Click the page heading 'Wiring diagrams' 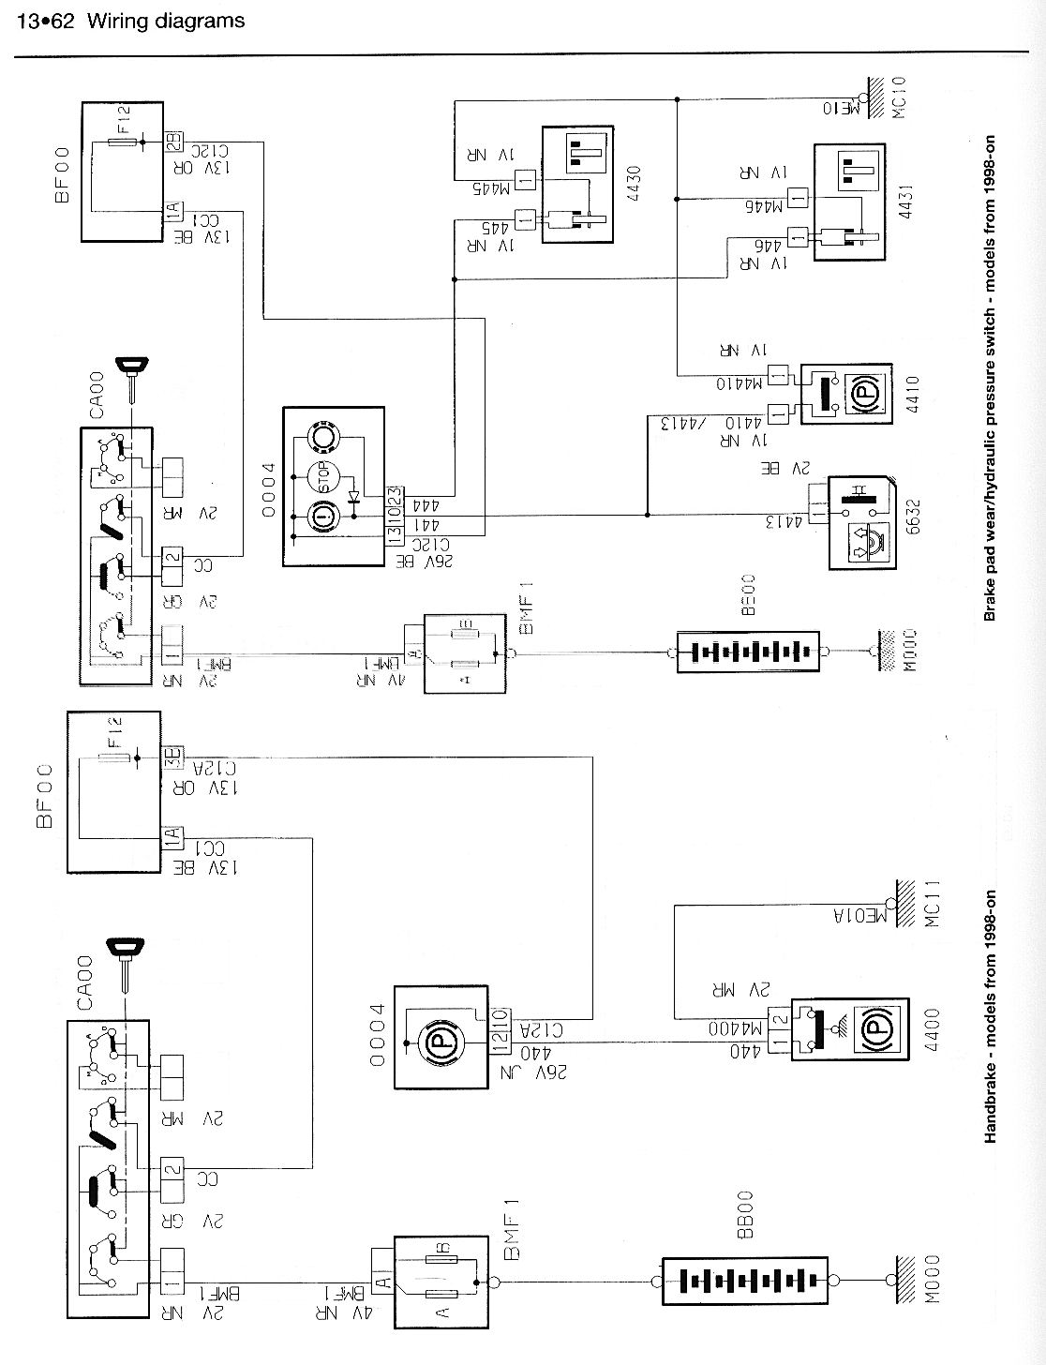(x=166, y=20)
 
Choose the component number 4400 (x=931, y=1032)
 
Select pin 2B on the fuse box (x=174, y=142)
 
